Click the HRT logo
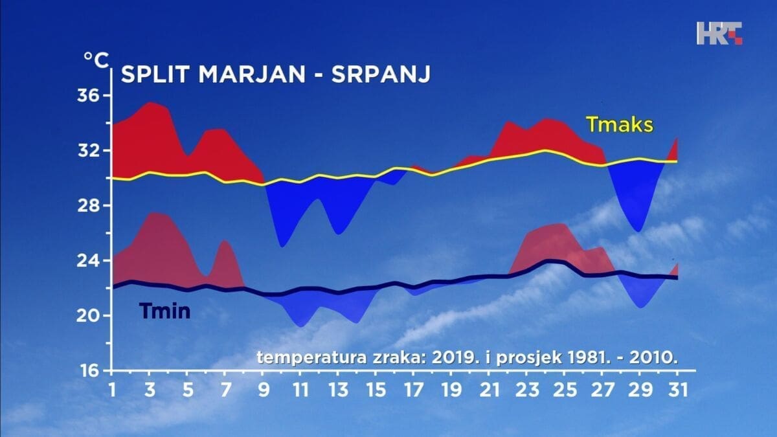point(719,34)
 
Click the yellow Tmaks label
point(619,124)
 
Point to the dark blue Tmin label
point(165,312)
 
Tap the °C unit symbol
point(95,59)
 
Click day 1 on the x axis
point(111,390)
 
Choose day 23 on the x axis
point(526,390)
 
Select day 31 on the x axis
point(677,390)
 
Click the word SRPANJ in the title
point(381,74)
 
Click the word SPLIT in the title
point(157,74)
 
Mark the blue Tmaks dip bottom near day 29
point(638,230)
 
